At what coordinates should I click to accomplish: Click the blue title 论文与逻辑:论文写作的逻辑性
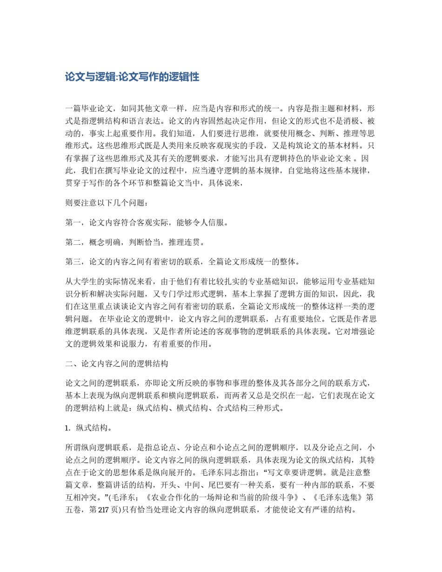133,77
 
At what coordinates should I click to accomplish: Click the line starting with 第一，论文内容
147,222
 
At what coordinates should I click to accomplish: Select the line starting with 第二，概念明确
135,242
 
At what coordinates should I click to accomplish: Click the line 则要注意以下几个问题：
108,203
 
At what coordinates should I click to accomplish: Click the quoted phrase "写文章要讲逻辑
294,471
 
